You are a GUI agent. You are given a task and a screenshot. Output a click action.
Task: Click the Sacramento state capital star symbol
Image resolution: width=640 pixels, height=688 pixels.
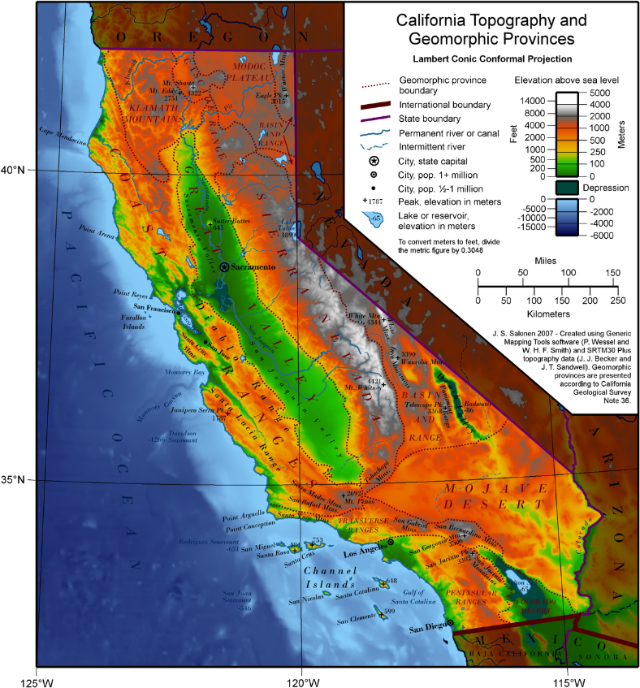click(224, 266)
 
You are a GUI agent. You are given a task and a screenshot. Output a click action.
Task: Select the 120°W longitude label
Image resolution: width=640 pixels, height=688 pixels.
click(301, 675)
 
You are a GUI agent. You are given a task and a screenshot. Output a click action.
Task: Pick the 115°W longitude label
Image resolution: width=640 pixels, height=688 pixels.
click(565, 675)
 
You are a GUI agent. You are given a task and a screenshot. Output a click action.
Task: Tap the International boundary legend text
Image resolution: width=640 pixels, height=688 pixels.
click(445, 105)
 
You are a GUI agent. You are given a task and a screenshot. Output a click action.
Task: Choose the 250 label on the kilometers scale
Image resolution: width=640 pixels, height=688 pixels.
click(619, 301)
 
